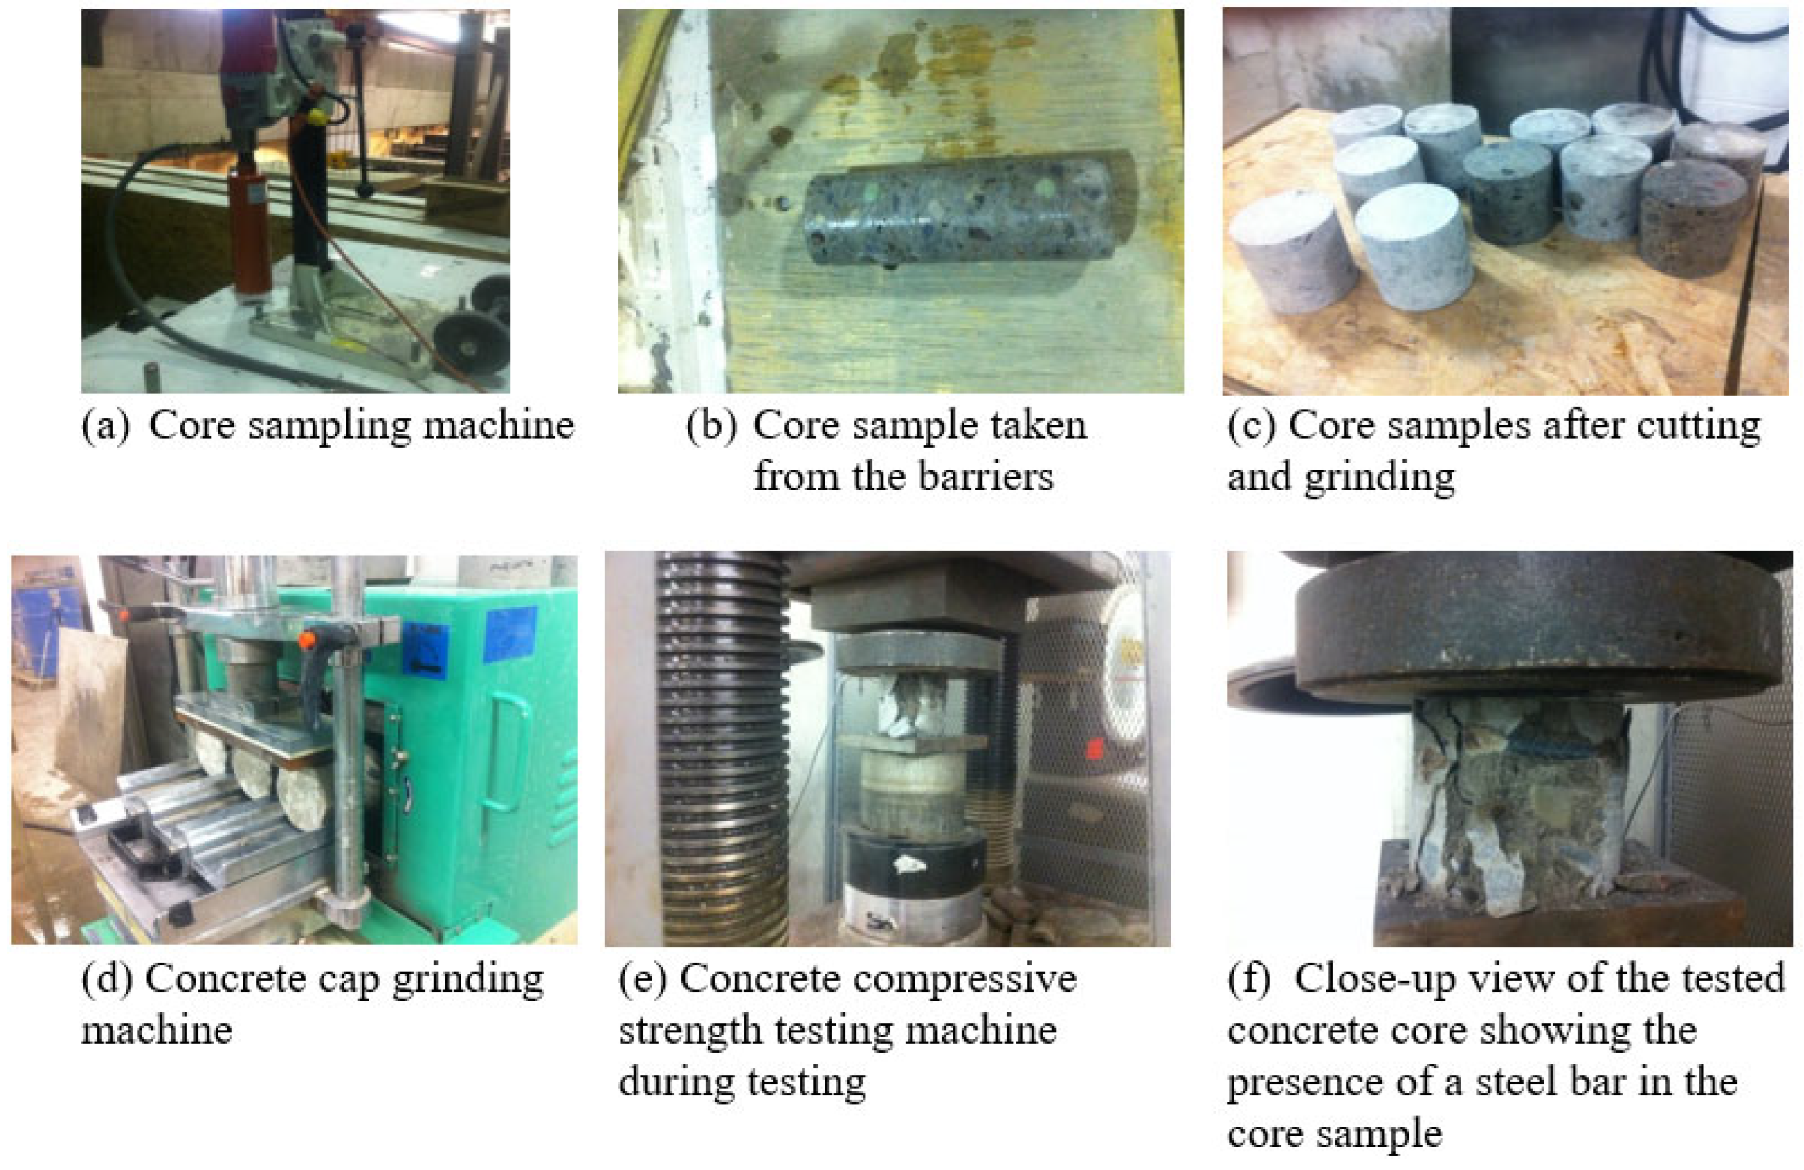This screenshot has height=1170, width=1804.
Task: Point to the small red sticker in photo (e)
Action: tap(1095, 750)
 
